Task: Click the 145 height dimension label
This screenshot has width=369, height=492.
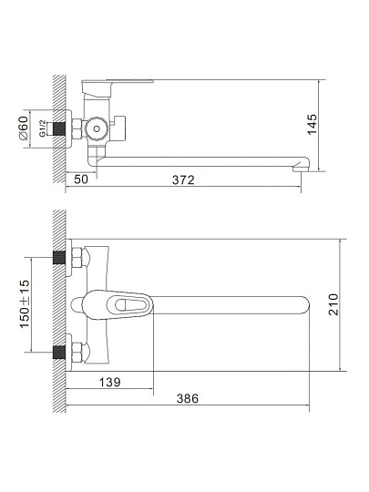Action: click(x=313, y=125)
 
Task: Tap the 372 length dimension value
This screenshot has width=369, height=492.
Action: click(x=183, y=179)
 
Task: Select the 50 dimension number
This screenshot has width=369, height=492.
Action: click(x=81, y=179)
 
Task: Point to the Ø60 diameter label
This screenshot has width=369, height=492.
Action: click(x=24, y=128)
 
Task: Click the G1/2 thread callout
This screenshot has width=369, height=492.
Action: click(x=42, y=128)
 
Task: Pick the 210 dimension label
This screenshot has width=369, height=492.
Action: click(x=333, y=304)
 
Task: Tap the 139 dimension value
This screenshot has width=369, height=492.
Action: click(x=110, y=382)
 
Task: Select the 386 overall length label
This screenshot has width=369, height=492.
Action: click(x=188, y=398)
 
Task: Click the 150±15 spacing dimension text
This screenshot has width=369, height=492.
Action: click(x=25, y=303)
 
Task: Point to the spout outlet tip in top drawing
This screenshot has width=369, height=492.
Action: click(x=301, y=169)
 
